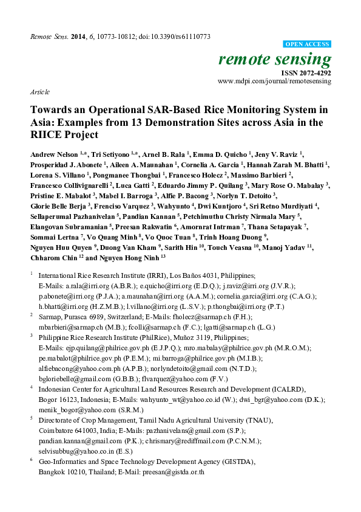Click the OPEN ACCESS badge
click(307, 44)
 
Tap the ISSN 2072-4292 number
click(311, 72)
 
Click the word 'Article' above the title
click(39, 92)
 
